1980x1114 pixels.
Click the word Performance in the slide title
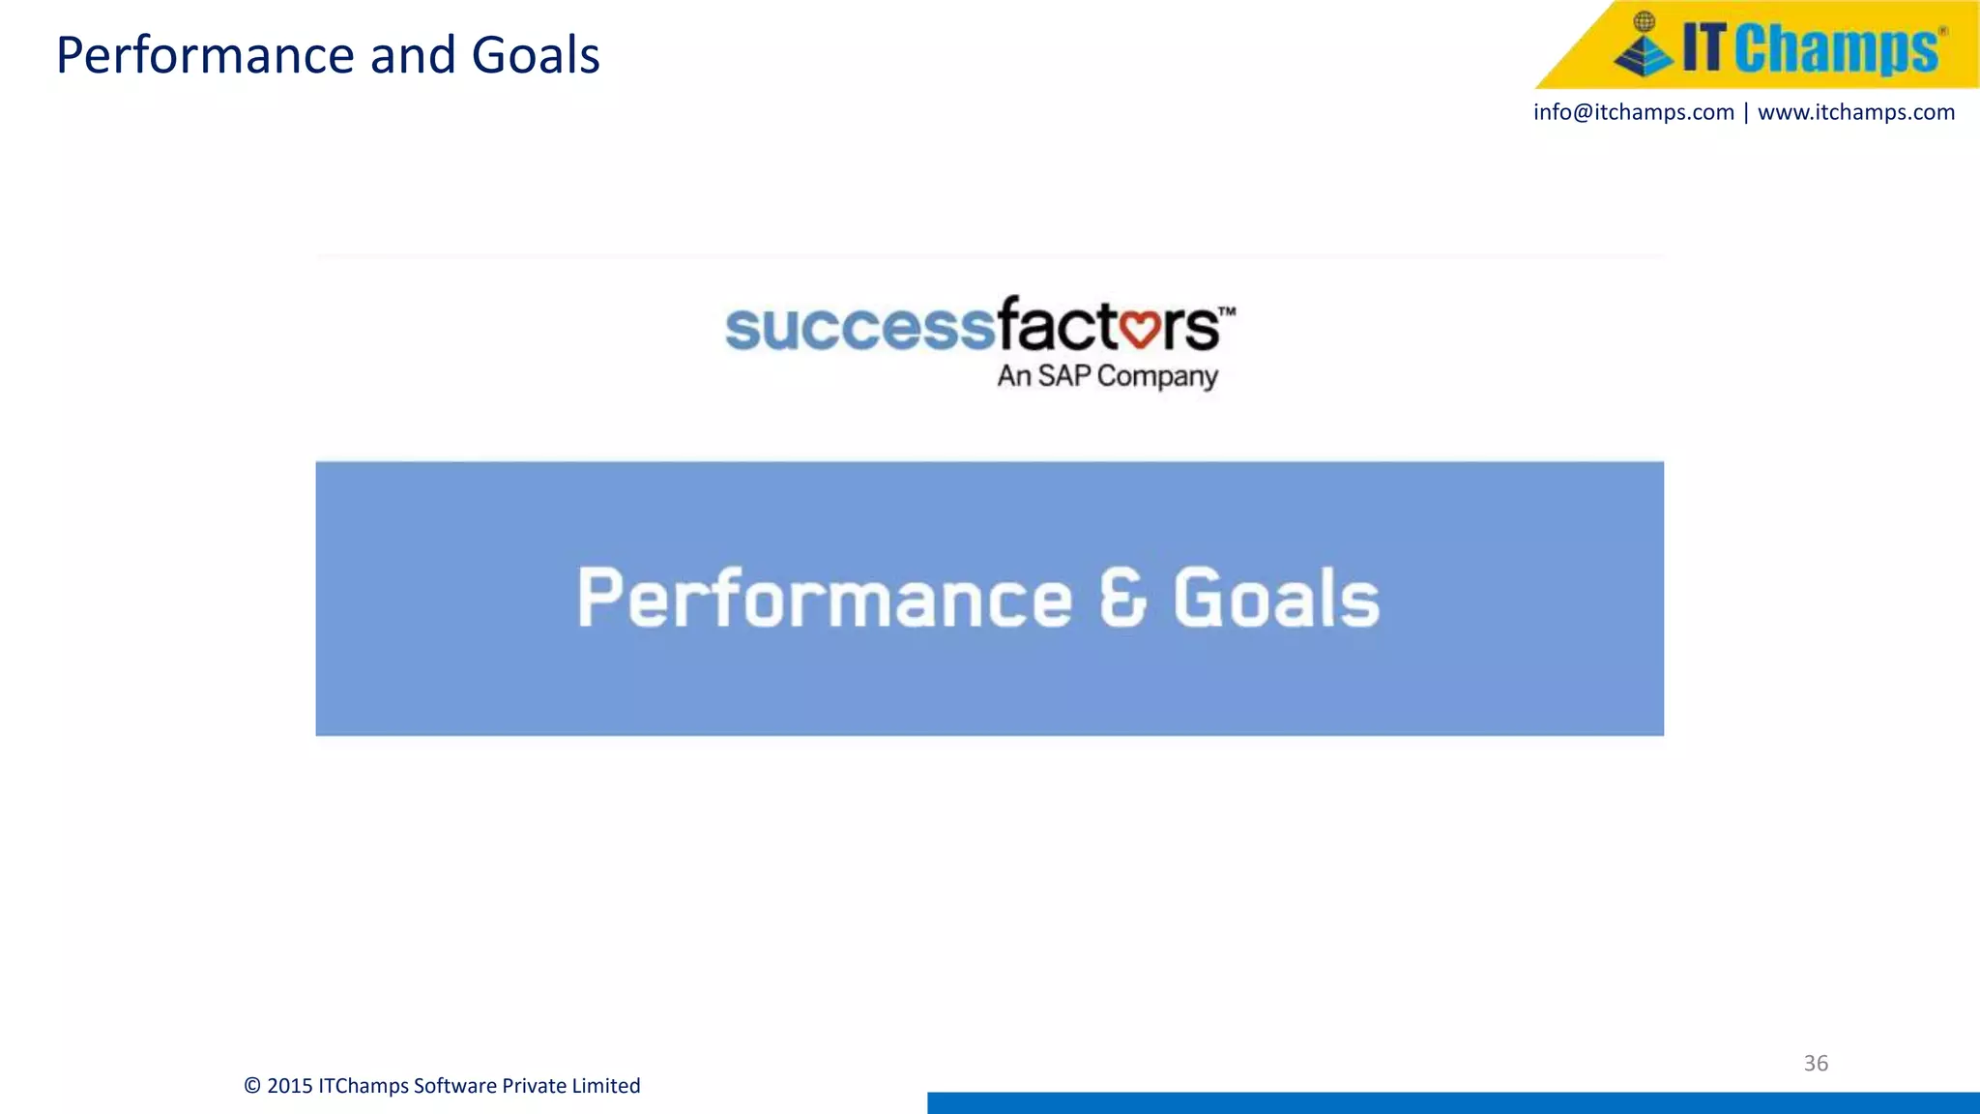(207, 56)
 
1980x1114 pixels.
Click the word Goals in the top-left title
(536, 56)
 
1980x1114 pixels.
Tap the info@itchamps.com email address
(1633, 112)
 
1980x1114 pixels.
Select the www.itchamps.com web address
(1856, 112)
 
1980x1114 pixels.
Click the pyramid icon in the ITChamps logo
(1643, 47)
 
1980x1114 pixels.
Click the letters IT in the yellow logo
(1703, 47)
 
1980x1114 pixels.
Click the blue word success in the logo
(859, 327)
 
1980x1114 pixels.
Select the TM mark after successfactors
(1227, 311)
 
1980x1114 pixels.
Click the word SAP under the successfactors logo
(1064, 375)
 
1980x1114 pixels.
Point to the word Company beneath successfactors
(1157, 376)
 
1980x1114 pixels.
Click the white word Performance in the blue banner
(825, 599)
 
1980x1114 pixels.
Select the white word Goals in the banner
(1276, 598)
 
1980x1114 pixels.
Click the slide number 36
(1816, 1063)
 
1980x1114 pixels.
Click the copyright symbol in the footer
(252, 1086)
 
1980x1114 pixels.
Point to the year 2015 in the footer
(289, 1086)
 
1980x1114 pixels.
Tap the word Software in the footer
(454, 1086)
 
